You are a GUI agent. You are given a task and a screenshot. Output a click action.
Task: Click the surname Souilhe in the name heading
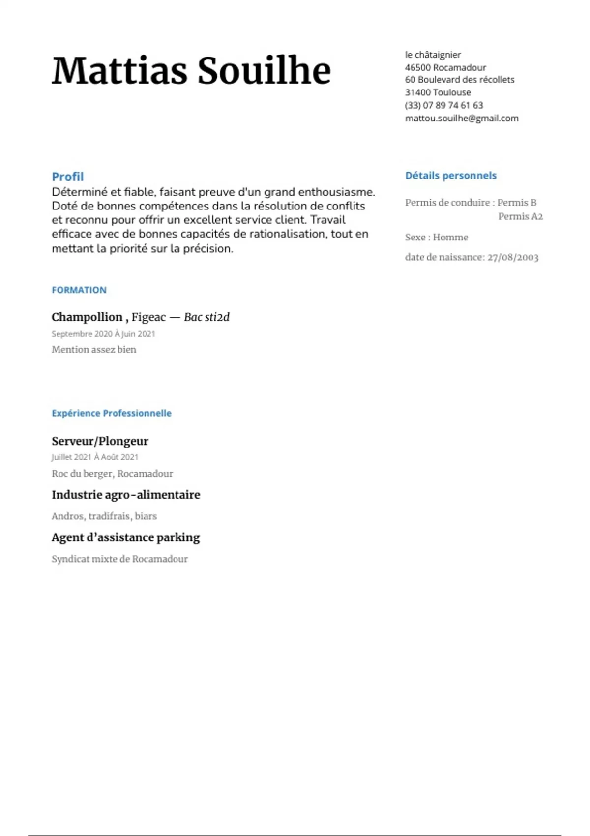[264, 70]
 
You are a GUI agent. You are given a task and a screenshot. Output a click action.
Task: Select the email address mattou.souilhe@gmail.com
[462, 118]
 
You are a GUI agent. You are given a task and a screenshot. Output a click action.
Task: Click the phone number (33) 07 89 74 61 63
[444, 105]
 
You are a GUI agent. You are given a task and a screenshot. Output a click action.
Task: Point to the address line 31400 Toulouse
[438, 92]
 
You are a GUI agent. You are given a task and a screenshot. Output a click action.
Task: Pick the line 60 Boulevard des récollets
[460, 80]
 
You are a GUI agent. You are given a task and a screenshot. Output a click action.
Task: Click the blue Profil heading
[68, 177]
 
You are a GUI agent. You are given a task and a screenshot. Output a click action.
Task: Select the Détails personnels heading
[451, 176]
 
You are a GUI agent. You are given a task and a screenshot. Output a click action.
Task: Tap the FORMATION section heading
[79, 290]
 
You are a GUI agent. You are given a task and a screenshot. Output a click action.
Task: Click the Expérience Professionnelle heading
[112, 413]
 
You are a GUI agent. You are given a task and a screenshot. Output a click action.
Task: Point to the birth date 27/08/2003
[513, 257]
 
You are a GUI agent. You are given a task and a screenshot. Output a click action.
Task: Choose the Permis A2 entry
[520, 216]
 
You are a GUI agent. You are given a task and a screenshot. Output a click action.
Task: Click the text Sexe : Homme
[437, 237]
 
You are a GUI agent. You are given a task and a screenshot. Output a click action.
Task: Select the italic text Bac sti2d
[206, 317]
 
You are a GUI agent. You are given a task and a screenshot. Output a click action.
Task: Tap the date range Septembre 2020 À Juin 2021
[103, 334]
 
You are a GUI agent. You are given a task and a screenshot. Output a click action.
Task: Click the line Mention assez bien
[94, 350]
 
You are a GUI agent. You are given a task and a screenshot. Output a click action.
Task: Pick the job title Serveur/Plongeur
[100, 441]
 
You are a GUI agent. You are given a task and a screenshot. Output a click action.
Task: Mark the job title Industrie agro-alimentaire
[126, 495]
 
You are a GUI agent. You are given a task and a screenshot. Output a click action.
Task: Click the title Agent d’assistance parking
[126, 537]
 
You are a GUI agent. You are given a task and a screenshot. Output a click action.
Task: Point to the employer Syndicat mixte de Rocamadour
[119, 559]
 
